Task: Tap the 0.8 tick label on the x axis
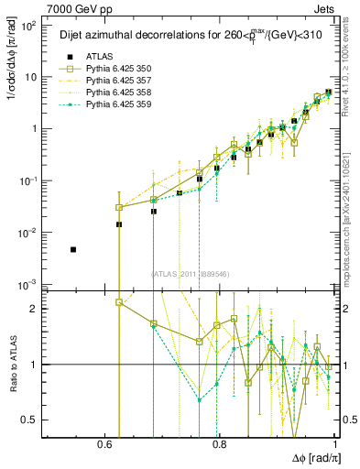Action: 219,443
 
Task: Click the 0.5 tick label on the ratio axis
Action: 32,420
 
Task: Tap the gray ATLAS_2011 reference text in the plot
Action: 191,273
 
